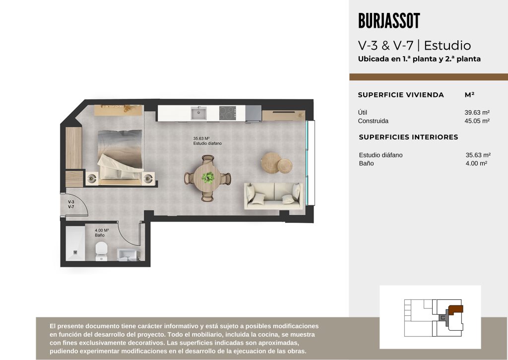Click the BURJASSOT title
pos(389,21)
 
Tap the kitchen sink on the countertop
pos(198,113)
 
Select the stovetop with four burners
pos(227,113)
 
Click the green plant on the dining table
pos(208,177)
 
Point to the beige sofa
pos(274,196)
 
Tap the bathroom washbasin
pos(128,255)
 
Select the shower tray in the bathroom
pos(75,243)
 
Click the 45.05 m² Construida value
pos(477,121)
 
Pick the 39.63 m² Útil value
pos(477,113)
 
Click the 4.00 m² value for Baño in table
pos(476,163)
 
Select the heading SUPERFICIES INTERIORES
pos(408,137)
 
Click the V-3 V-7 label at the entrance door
pos(71,204)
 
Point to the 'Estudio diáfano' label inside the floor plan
pos(207,144)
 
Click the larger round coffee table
pos(271,161)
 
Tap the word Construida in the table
pos(373,121)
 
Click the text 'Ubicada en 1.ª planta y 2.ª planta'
pos(419,59)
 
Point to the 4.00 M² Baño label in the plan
pos(101,232)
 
